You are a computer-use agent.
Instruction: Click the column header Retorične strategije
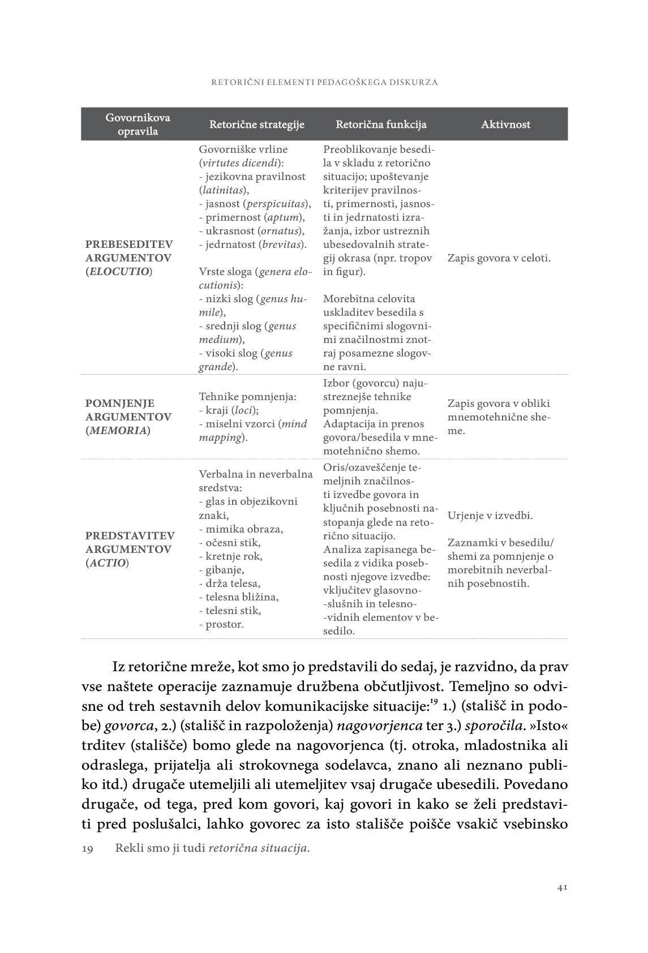257,125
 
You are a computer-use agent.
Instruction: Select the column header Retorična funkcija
381,125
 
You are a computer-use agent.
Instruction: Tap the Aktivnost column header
505,125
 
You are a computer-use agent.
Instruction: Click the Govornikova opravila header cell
138,125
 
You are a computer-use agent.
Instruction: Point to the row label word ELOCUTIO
119,272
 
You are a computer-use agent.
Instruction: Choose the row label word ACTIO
107,563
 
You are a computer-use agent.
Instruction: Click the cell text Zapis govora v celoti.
499,258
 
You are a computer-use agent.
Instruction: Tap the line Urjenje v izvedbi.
490,516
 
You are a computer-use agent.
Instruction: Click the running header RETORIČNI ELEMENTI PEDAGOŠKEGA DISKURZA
324,82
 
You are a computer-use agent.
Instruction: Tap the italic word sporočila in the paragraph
495,726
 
